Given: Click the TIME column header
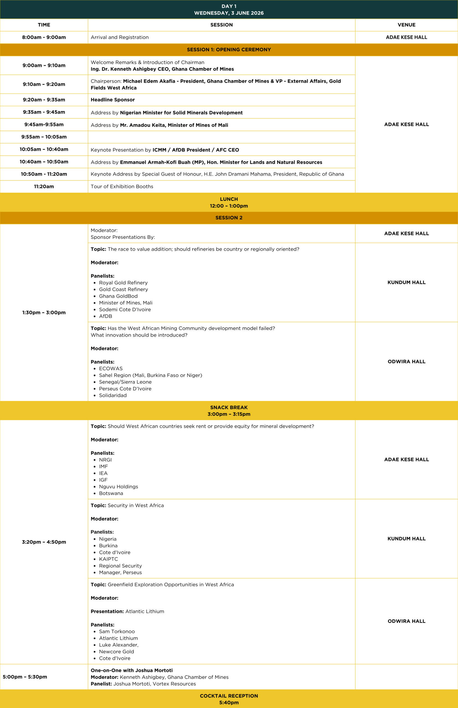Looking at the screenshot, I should pyautogui.click(x=44, y=25).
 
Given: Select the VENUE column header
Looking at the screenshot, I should pyautogui.click(x=406, y=25).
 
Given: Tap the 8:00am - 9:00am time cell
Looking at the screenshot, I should pyautogui.click(x=44, y=37).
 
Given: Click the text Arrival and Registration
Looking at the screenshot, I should pyautogui.click(x=119, y=37).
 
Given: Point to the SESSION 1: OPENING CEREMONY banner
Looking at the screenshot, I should pyautogui.click(x=229, y=50).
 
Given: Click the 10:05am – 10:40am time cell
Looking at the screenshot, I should pyautogui.click(x=44, y=149).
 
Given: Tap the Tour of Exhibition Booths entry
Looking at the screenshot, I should pyautogui.click(x=122, y=186).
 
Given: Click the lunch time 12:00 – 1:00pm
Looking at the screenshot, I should pyautogui.click(x=229, y=206).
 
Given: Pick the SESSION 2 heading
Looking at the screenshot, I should pyautogui.click(x=229, y=218).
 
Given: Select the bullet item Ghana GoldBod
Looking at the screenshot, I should pyautogui.click(x=118, y=296).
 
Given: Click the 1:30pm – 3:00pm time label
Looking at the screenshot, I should pyautogui.click(x=44, y=313).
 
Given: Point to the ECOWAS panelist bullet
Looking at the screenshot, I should pyautogui.click(x=111, y=368).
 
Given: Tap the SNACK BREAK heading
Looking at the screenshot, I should pyautogui.click(x=229, y=407).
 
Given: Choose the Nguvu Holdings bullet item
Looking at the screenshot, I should pyautogui.click(x=118, y=486).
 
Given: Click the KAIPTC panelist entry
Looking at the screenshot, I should pyautogui.click(x=108, y=559).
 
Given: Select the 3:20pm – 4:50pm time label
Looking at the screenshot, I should pyautogui.click(x=44, y=542).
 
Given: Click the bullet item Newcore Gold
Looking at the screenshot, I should pyautogui.click(x=116, y=652).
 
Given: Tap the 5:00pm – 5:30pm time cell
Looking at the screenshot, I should pyautogui.click(x=25, y=677).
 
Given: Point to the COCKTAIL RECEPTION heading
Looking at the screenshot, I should pyautogui.click(x=229, y=696).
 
